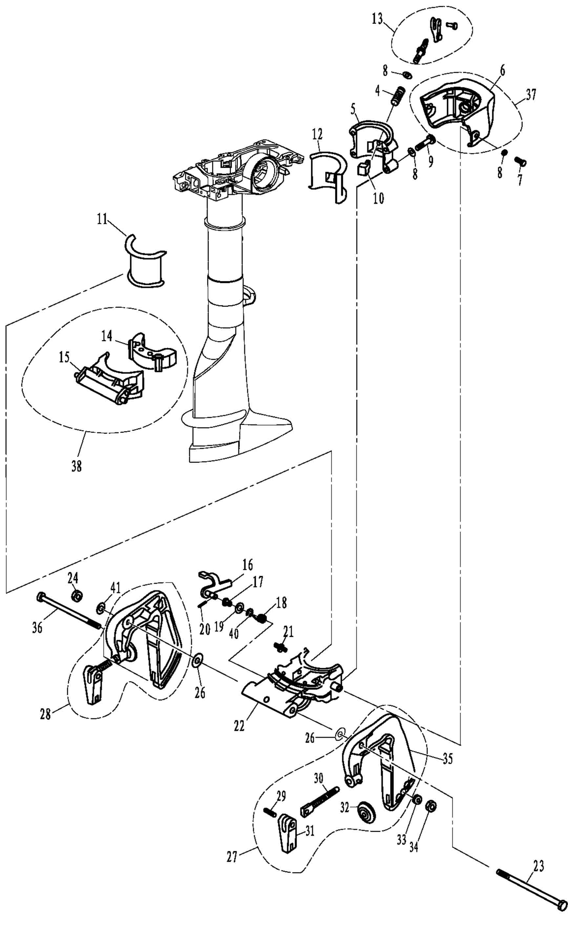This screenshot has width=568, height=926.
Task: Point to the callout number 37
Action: tap(531, 95)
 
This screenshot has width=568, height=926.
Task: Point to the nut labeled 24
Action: tap(77, 596)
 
